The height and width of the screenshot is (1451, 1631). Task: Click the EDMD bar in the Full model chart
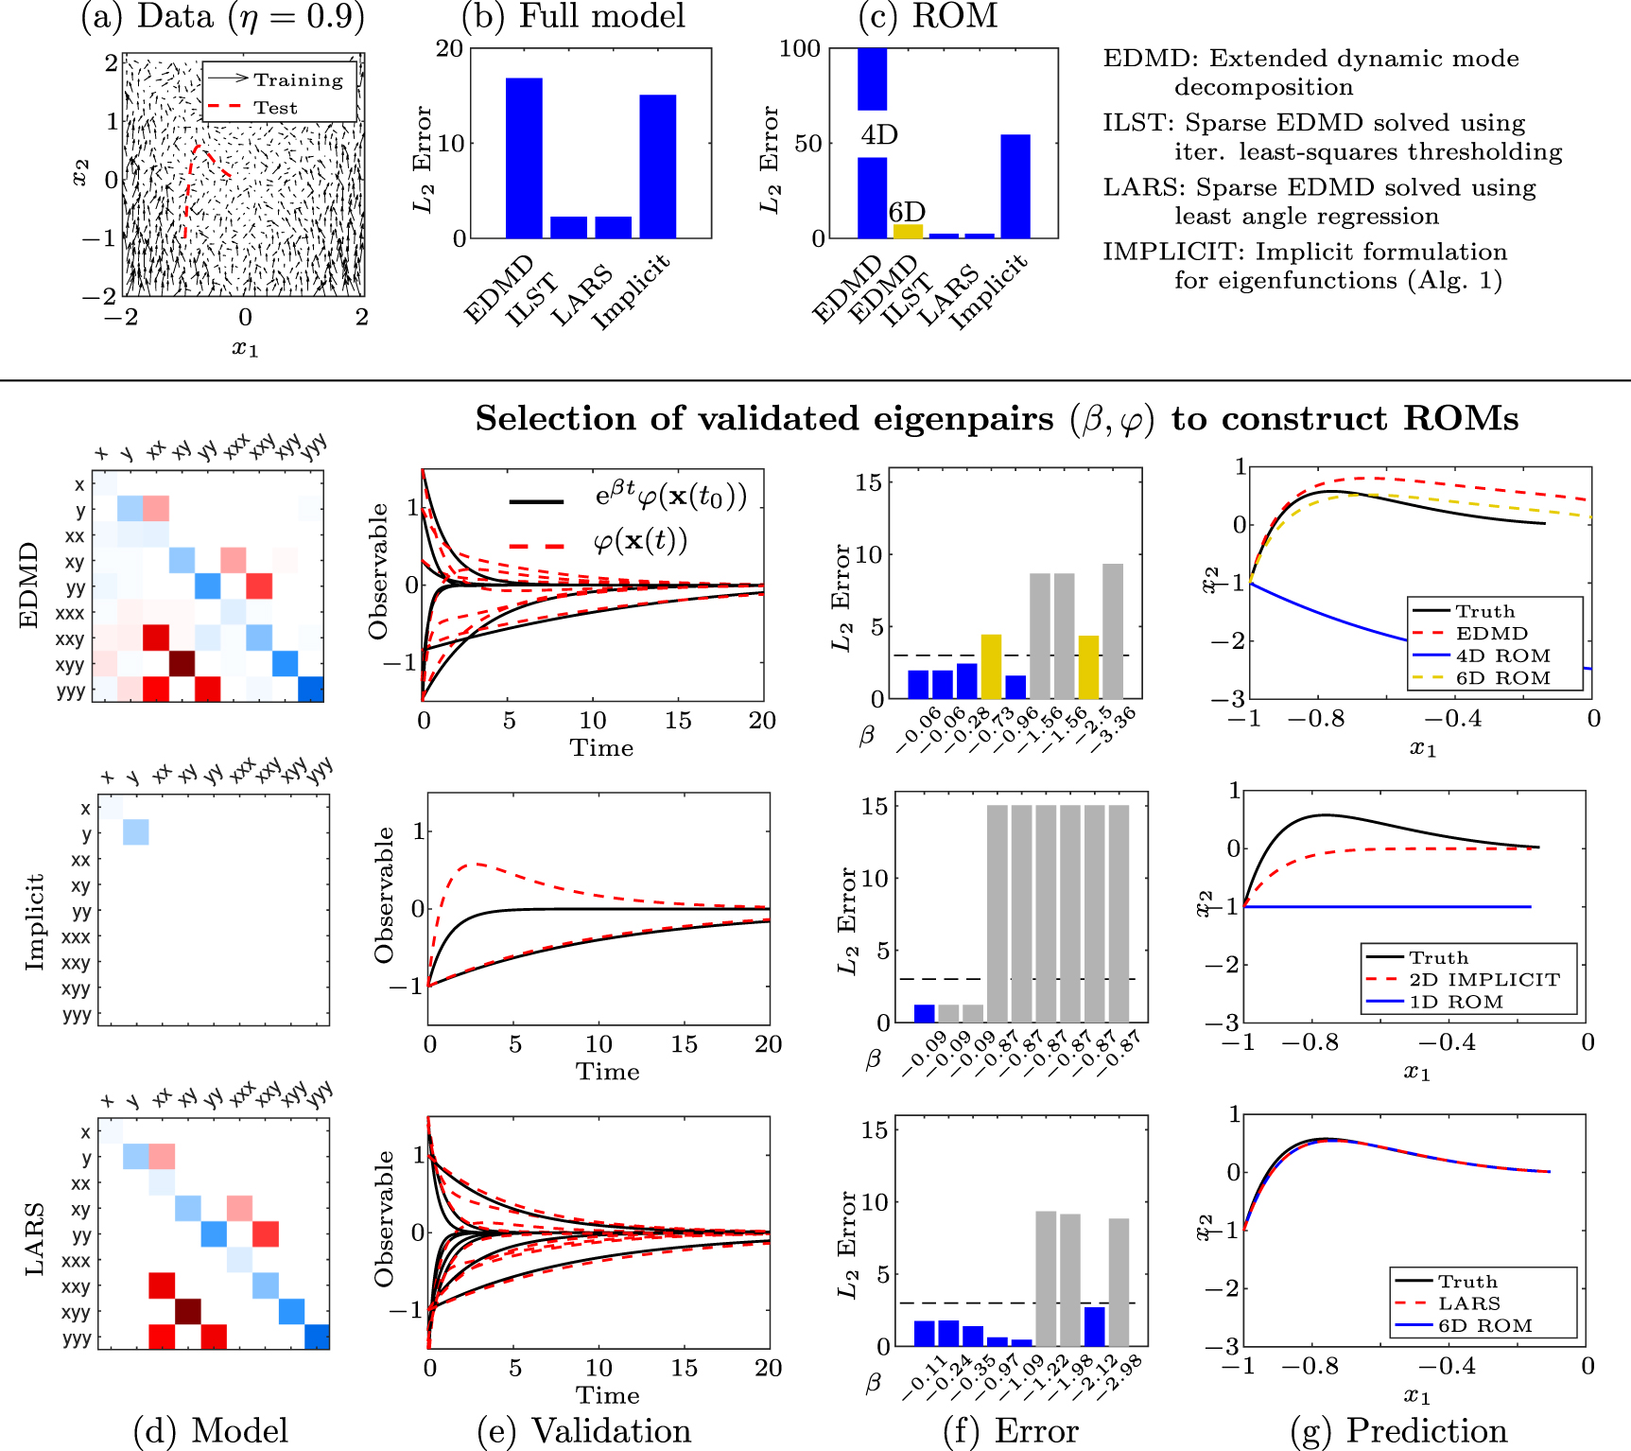tap(524, 157)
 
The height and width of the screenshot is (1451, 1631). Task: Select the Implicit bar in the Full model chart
tap(657, 166)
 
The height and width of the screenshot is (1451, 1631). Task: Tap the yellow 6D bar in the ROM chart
tap(907, 231)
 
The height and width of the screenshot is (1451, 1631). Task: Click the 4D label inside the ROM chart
tap(878, 134)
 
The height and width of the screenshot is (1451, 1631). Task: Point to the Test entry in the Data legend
tap(275, 108)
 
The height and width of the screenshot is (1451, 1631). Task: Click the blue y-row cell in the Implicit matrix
tap(136, 832)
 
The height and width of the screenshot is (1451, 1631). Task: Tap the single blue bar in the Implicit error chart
tap(924, 1013)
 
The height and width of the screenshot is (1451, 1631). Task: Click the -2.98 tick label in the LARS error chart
tap(1119, 1375)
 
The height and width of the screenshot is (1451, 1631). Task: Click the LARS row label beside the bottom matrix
tap(34, 1238)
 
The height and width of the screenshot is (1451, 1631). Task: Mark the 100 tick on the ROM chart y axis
tap(799, 48)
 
